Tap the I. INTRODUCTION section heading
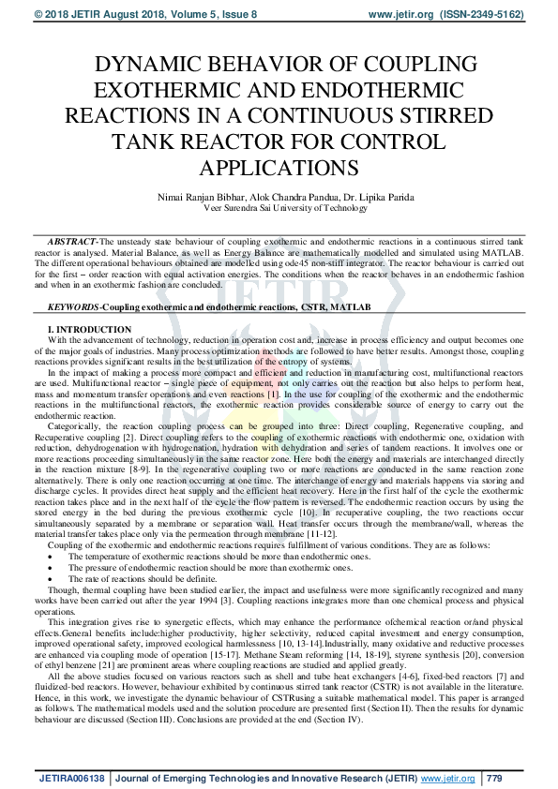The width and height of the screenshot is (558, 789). tap(90, 331)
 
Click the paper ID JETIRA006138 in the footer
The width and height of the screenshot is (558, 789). tap(71, 778)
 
